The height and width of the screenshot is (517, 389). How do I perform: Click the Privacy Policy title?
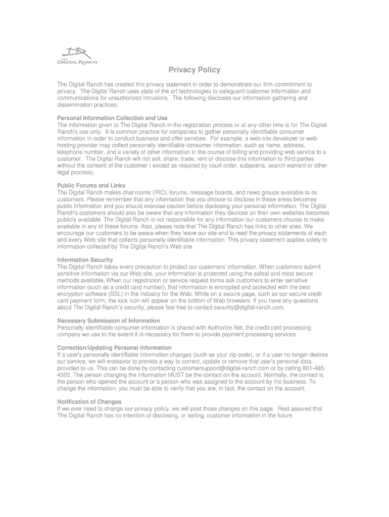coord(194,70)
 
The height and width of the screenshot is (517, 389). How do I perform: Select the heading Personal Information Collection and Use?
coord(112,118)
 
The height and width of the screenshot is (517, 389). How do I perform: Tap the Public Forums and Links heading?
coord(91,186)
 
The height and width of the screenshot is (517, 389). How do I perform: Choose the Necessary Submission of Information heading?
coord(109,321)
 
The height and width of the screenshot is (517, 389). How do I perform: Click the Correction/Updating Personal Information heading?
coord(114,348)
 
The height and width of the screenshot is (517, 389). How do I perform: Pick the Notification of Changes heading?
coord(89,402)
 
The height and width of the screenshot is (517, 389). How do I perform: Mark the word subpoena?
coord(256,166)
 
